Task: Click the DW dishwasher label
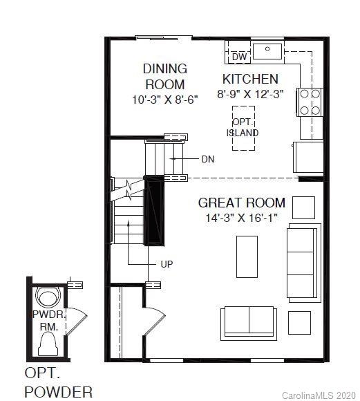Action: pos(240,57)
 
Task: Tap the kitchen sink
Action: pos(267,50)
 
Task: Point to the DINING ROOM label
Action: pos(165,76)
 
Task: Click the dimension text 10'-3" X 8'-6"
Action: pos(165,99)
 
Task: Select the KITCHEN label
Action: pos(250,79)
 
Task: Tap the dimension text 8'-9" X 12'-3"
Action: pos(250,95)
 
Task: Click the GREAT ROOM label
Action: pos(241,203)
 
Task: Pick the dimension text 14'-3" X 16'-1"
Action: pos(241,218)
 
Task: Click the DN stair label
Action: pos(208,159)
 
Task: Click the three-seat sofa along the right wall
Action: pos(304,263)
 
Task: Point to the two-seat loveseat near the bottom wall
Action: pos(249,319)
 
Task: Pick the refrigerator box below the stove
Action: pos(307,158)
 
